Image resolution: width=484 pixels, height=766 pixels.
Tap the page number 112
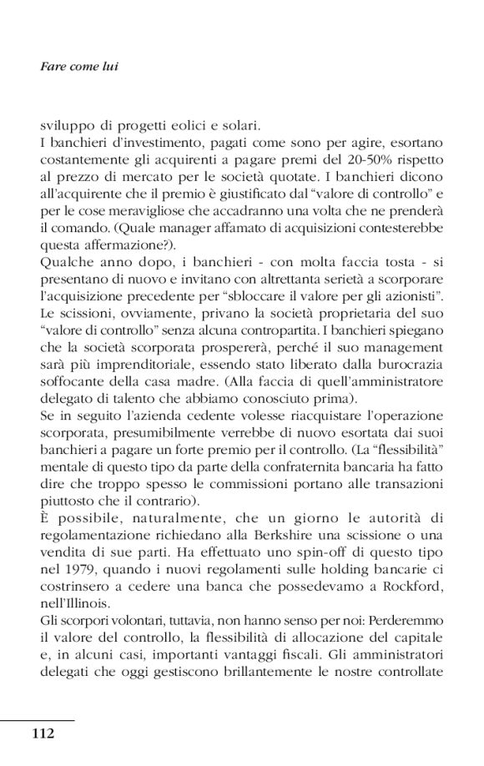43,733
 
